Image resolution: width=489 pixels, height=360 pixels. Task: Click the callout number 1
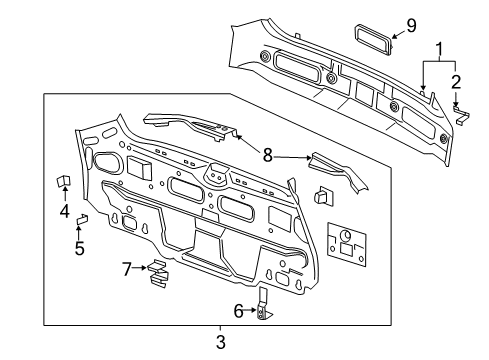point(437,47)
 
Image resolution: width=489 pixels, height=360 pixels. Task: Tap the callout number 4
point(64,211)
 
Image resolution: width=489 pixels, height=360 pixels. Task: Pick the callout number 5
point(79,247)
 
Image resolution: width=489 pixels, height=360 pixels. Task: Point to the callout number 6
point(238,312)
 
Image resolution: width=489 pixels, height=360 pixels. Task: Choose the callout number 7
point(126,268)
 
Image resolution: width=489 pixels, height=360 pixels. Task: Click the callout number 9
point(411,24)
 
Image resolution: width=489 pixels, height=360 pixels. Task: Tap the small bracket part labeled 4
point(63,182)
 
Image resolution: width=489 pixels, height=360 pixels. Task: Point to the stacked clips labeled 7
point(157,273)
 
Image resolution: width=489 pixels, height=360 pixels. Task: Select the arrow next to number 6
point(252,312)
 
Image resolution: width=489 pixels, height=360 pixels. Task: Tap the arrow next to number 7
point(140,268)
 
